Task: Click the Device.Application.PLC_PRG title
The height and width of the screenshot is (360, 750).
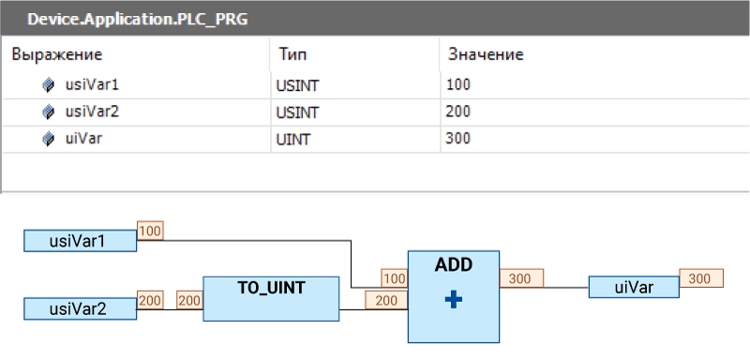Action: (137, 20)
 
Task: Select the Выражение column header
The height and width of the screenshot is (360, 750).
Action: (57, 54)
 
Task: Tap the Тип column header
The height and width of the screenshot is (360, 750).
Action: (292, 54)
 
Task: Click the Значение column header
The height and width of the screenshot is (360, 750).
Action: (486, 54)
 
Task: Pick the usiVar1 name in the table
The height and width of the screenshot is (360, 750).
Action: (92, 85)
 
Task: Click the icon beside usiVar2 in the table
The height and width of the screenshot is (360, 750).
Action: (48, 112)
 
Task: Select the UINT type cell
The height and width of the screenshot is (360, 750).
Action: (293, 140)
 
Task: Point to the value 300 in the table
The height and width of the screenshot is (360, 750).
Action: (457, 139)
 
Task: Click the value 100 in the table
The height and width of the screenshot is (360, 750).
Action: (457, 85)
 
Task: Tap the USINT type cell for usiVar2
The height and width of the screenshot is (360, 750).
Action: (297, 112)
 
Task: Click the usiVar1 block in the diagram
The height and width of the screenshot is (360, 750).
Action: (81, 241)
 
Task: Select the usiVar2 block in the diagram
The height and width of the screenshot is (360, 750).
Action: (81, 308)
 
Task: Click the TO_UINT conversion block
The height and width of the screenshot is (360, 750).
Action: (271, 298)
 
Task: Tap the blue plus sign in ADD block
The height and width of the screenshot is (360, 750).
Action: (454, 300)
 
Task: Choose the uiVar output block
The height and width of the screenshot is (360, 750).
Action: (634, 287)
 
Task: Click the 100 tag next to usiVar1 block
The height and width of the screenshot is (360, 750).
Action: (150, 231)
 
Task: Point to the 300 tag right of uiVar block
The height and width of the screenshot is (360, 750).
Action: (701, 278)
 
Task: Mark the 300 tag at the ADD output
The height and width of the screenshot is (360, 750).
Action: (521, 278)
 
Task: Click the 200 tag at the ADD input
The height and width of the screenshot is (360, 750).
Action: (386, 300)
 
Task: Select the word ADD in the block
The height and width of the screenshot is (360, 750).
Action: (454, 265)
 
